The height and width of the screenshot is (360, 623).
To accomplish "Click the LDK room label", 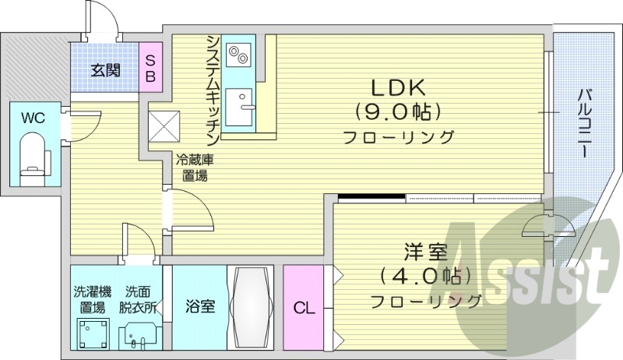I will pyautogui.click(x=398, y=86).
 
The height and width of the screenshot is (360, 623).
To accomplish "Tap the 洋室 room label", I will pyautogui.click(x=424, y=252).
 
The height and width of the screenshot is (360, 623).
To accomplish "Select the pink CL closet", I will pyautogui.click(x=304, y=308).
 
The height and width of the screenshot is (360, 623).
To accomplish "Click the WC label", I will pyautogui.click(x=33, y=118).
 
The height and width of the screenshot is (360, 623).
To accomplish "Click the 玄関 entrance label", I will pyautogui.click(x=105, y=71).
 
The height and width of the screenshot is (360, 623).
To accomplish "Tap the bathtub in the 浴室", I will pyautogui.click(x=251, y=307).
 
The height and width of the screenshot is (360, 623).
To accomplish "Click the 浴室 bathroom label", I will pyautogui.click(x=200, y=307).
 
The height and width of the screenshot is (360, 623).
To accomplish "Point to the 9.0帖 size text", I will pyautogui.click(x=398, y=111).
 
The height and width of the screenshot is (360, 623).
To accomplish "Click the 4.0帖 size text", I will pyautogui.click(x=424, y=276).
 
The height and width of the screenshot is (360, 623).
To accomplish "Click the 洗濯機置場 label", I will pyautogui.click(x=93, y=299).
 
